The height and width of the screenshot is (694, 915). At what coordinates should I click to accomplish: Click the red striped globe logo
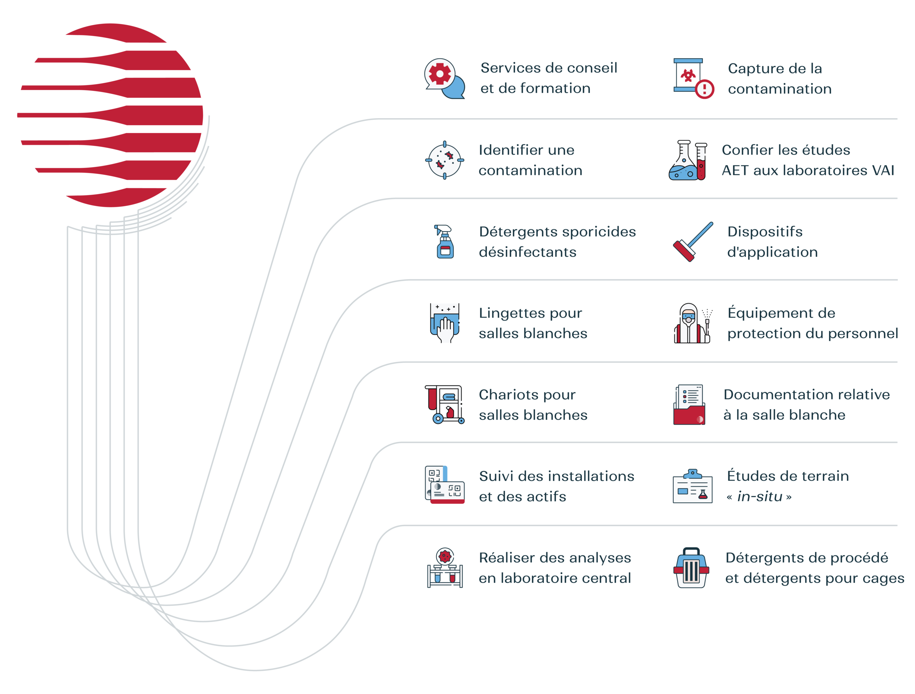coord(110,115)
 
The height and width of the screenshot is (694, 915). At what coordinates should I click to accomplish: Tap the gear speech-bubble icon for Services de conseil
coord(445,79)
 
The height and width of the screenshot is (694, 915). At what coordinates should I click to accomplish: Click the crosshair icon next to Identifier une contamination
coord(445,160)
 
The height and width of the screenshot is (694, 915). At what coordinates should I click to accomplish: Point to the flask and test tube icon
coord(688,160)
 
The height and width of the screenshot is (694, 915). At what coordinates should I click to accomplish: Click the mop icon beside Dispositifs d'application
coord(693,242)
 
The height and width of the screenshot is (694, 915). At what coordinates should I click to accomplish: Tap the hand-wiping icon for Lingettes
coord(445,323)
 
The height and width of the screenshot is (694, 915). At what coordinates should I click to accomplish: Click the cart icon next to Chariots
coord(445,405)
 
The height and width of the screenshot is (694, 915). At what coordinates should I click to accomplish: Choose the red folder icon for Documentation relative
coord(689,405)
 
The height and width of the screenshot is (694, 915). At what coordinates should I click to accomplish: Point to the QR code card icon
coord(445,485)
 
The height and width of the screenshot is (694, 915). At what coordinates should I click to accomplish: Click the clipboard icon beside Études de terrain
coord(692,486)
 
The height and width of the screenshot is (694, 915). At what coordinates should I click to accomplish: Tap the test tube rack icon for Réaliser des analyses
coord(445,567)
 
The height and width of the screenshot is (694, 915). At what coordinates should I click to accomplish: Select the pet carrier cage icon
coord(691,567)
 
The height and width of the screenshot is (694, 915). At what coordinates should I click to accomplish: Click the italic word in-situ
coord(760,496)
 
